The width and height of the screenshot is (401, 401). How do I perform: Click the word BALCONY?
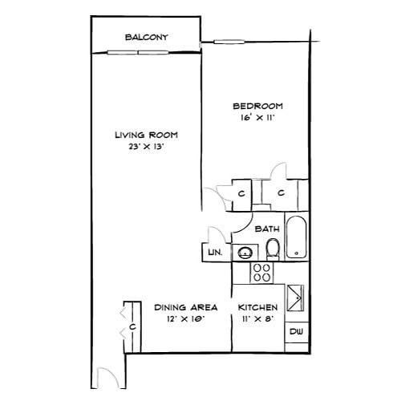(x=145, y=37)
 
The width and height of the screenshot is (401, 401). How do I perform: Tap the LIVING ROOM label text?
(x=145, y=135)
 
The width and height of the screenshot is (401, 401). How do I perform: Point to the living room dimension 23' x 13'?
(x=145, y=148)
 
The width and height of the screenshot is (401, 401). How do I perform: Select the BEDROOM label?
(x=257, y=106)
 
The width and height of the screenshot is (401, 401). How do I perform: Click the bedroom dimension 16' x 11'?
(x=257, y=118)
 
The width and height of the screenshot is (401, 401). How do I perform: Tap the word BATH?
(x=267, y=229)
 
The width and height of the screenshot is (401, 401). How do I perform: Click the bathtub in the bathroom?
(x=296, y=238)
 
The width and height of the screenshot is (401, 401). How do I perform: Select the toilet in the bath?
(x=273, y=248)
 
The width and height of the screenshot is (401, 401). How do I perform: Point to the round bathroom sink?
(x=243, y=253)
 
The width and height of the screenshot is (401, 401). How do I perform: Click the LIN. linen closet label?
(x=214, y=253)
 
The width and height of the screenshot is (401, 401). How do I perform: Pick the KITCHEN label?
(x=258, y=307)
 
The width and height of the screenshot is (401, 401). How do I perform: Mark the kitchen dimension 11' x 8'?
(x=258, y=319)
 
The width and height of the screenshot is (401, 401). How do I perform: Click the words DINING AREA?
(x=181, y=307)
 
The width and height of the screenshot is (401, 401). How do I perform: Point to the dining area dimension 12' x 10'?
(x=181, y=319)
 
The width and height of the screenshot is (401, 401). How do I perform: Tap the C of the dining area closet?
(x=130, y=328)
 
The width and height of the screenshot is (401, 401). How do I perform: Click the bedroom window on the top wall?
(x=229, y=41)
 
